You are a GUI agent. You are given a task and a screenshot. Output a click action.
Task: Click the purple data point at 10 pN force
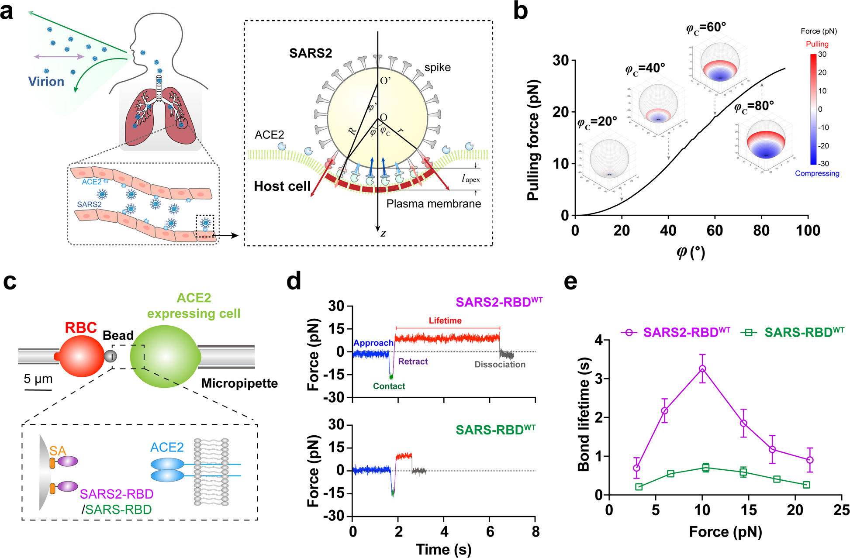tap(702, 369)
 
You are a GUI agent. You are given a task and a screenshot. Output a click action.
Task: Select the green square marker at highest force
tap(806, 485)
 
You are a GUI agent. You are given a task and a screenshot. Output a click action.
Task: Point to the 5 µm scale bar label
tap(38, 379)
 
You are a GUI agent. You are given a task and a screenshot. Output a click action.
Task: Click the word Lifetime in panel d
tap(445, 320)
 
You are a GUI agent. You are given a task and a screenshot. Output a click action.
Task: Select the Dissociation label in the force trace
tap(500, 365)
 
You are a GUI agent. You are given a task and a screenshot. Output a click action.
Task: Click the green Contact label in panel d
tap(389, 386)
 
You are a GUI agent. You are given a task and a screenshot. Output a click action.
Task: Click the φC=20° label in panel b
tap(597, 122)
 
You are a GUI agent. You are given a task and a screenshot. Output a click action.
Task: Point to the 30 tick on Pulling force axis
tap(560, 61)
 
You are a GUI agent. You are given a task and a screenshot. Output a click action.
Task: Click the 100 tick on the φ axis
tap(808, 231)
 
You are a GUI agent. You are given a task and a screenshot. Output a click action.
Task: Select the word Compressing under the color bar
tap(817, 173)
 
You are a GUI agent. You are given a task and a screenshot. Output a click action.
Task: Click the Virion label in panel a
tap(46, 82)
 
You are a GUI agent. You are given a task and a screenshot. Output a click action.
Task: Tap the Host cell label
tap(282, 186)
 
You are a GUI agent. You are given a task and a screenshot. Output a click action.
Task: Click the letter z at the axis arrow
tap(383, 234)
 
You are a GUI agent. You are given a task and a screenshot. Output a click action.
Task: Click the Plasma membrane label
tap(433, 204)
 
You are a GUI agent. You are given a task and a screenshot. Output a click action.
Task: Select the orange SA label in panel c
tap(57, 450)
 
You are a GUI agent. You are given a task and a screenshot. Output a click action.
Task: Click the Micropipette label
tap(239, 383)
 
